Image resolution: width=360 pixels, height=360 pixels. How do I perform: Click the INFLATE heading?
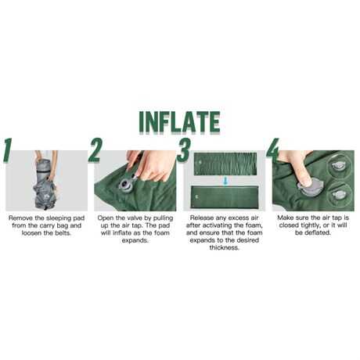click(x=180, y=122)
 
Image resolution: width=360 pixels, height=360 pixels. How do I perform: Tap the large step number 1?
click(x=8, y=150)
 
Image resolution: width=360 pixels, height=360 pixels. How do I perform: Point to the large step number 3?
click(x=184, y=150)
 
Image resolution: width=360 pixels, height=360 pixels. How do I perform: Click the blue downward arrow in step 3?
click(x=225, y=181)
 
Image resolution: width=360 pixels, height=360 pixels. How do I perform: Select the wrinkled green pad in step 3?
click(x=225, y=164)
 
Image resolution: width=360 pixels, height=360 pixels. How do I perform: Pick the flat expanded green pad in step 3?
click(x=225, y=197)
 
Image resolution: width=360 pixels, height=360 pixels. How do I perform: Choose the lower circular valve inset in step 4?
click(x=340, y=194)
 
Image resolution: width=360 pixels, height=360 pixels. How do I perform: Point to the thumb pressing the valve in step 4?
click(x=304, y=178)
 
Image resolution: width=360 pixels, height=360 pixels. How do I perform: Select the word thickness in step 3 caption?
click(x=225, y=248)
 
